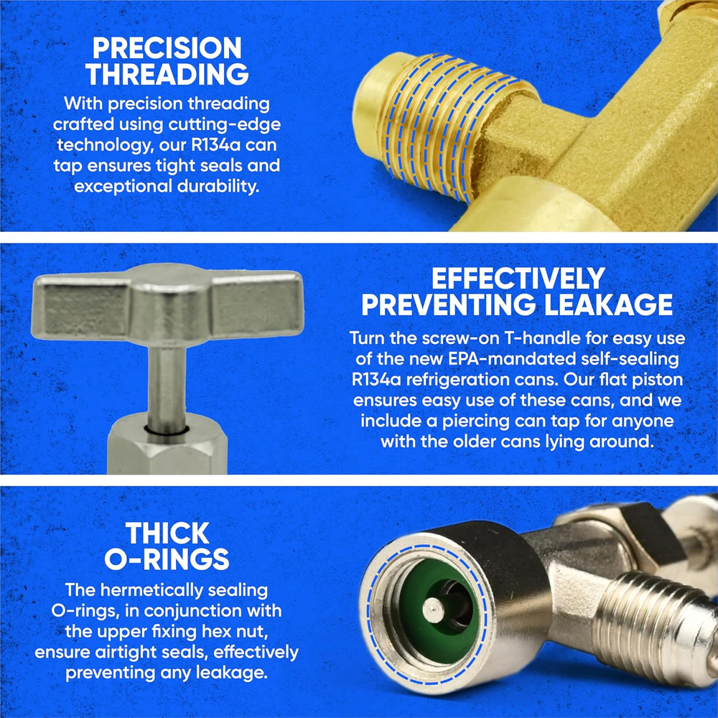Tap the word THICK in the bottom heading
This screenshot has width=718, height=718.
tap(167, 533)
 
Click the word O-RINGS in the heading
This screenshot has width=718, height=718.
tap(167, 559)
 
